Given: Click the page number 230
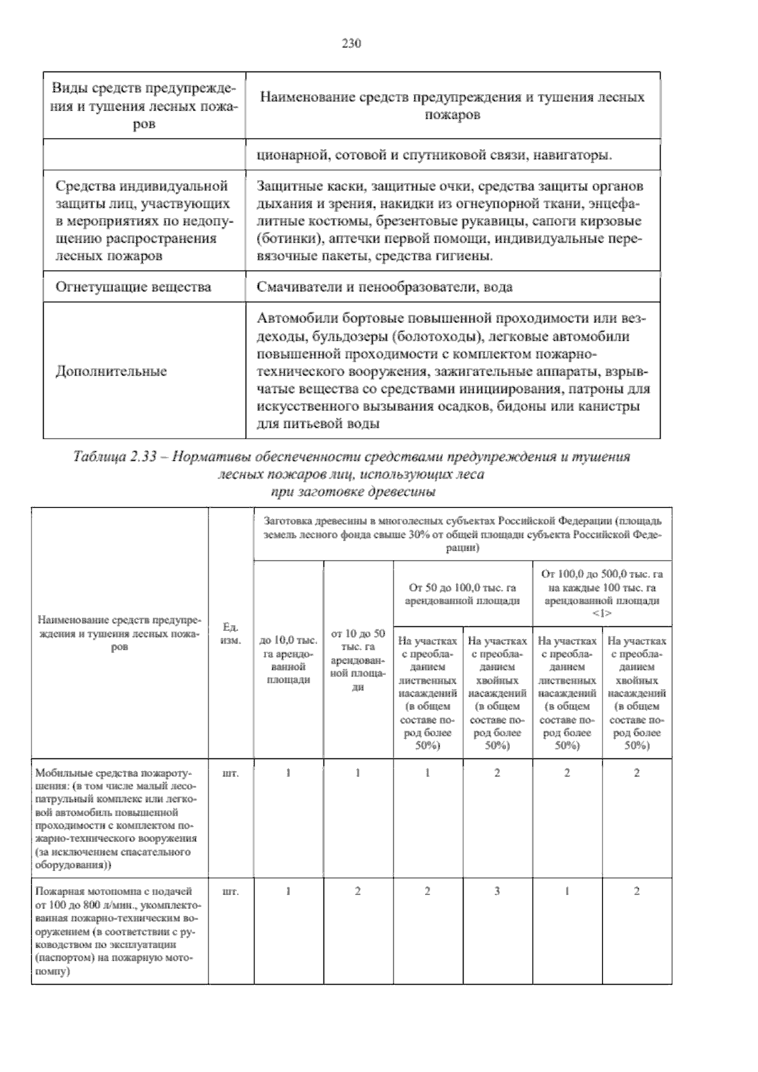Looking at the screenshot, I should click(x=351, y=44).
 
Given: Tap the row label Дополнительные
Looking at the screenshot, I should click(x=111, y=371).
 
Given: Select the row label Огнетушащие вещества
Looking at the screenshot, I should click(x=133, y=287).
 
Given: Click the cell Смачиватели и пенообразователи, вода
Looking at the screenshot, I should click(x=385, y=287).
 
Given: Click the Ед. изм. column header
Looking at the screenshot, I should click(x=231, y=633).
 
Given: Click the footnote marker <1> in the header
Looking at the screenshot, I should click(x=602, y=613).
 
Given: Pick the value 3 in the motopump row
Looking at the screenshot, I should click(x=497, y=891).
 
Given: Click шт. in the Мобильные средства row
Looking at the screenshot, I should click(x=231, y=772).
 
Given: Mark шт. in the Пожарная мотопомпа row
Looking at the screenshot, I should click(x=231, y=892).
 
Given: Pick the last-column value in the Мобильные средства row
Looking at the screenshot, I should click(x=637, y=772).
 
